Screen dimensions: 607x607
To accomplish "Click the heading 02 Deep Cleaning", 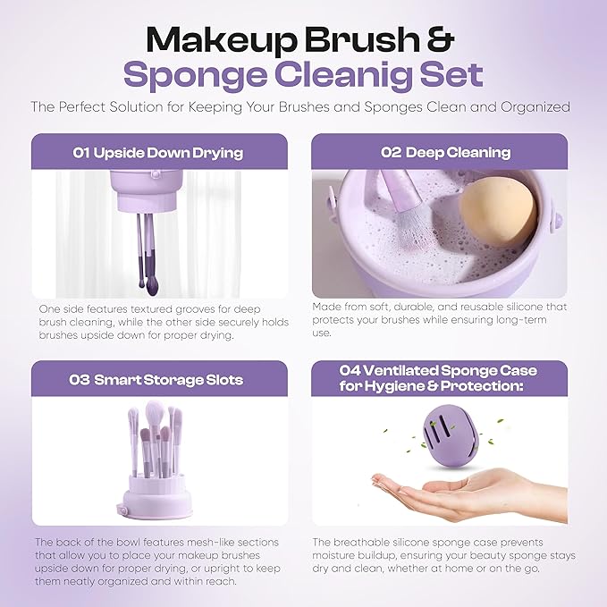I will point(439,152).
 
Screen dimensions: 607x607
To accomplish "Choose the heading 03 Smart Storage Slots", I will point(157,379).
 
